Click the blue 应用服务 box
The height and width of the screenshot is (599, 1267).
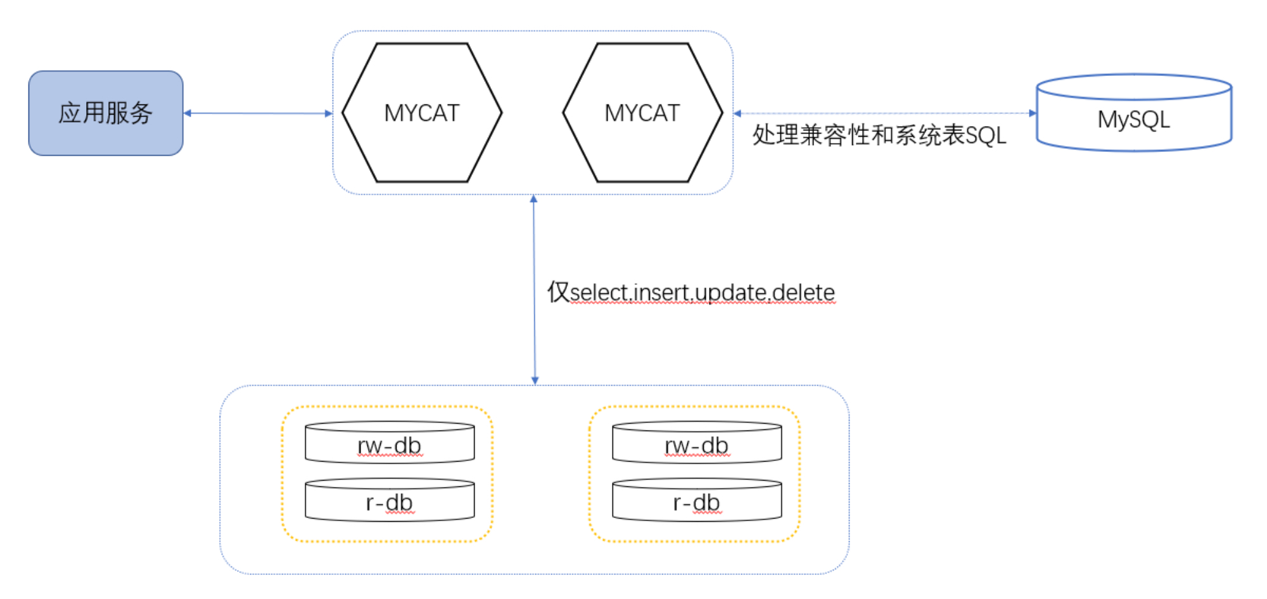[x=106, y=113]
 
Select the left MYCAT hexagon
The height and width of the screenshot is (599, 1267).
[x=422, y=113]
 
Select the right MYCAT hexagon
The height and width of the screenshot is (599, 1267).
[x=642, y=113]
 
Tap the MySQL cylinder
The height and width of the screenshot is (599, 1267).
[x=1134, y=119]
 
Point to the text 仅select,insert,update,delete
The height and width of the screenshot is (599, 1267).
[x=691, y=293]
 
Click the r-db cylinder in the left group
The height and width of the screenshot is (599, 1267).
[x=390, y=502]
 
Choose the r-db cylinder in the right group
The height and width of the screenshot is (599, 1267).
[x=697, y=502]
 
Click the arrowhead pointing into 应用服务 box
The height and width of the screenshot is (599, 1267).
[x=188, y=113]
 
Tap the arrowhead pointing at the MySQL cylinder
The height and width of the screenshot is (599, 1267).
[x=1033, y=113]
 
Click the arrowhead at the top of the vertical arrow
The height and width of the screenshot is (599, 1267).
[x=534, y=199]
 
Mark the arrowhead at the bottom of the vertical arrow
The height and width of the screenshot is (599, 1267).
[x=535, y=381]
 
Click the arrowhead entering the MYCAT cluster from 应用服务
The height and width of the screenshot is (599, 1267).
[x=329, y=113]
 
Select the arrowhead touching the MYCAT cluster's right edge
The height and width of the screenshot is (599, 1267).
[x=737, y=113]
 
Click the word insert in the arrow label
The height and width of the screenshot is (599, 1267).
[x=661, y=293]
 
